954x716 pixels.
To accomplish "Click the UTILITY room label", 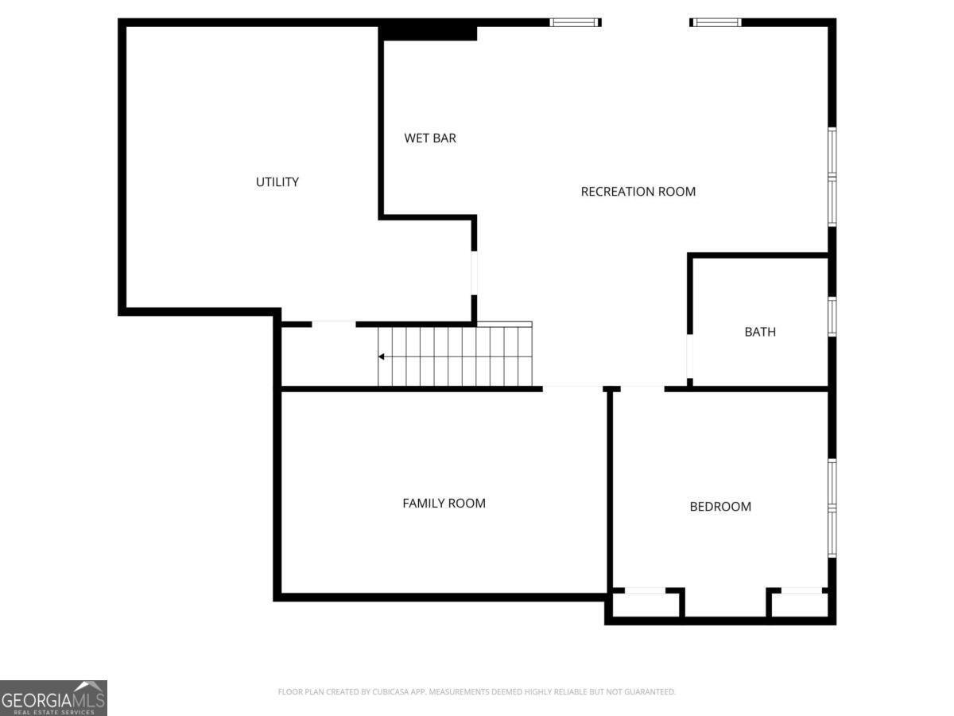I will (x=277, y=182).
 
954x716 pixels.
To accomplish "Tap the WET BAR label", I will (x=430, y=138).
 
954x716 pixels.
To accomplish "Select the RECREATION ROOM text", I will (x=638, y=192).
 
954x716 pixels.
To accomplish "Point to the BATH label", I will (x=760, y=333).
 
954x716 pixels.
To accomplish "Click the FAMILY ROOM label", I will (x=444, y=504).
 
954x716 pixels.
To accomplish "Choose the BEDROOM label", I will (x=719, y=507).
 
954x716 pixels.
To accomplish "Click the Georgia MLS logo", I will (x=53, y=698).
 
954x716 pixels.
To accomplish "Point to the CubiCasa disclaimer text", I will (x=476, y=692).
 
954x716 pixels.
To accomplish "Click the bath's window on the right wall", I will (x=832, y=316).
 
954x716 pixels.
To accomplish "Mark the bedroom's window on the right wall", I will (x=832, y=508).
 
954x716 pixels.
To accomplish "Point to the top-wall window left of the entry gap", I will (x=574, y=22).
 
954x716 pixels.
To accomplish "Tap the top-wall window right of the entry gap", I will (x=715, y=22).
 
